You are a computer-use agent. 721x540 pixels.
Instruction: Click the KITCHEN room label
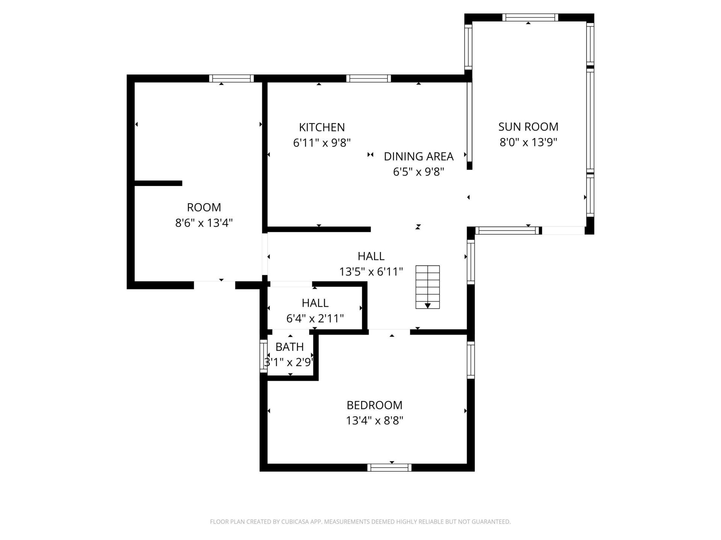[322, 127]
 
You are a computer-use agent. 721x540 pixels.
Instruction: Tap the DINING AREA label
[418, 156]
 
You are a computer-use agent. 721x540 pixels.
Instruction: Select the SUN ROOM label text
[528, 127]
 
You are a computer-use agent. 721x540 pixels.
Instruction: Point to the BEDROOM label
[374, 405]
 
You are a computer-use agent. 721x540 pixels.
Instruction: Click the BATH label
[290, 347]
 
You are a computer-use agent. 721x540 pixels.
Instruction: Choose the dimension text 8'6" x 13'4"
[204, 223]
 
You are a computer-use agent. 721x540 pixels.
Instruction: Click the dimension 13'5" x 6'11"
[371, 271]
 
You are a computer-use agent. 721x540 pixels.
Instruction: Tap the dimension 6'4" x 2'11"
[315, 318]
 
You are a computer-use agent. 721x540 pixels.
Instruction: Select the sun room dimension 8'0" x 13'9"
[528, 142]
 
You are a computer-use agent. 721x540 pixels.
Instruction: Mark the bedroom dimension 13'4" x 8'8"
[374, 421]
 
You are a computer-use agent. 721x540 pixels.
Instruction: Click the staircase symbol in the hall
[427, 287]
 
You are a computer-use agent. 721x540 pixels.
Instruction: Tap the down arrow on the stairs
[427, 306]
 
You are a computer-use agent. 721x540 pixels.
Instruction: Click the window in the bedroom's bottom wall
[389, 468]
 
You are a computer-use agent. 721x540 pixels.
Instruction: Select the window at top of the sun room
[530, 17]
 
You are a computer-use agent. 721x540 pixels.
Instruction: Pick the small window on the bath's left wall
[264, 356]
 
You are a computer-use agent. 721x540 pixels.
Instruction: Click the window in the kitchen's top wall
[368, 78]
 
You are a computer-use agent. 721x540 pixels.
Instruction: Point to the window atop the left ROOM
[231, 78]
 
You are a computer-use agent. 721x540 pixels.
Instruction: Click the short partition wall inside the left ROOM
[158, 183]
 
